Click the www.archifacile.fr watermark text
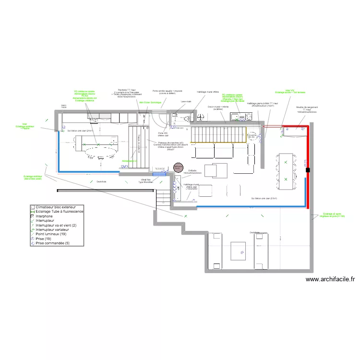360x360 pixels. point(329,279)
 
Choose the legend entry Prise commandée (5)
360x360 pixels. point(53,243)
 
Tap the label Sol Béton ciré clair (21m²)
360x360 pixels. point(80,131)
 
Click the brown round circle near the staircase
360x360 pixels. point(177,168)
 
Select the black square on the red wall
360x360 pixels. point(307,169)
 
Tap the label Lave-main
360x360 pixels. point(186,102)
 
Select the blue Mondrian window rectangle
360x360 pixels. point(159,174)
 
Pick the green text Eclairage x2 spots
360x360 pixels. point(332,215)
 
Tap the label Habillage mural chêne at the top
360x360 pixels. point(208,92)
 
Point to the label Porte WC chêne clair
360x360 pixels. point(162,134)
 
